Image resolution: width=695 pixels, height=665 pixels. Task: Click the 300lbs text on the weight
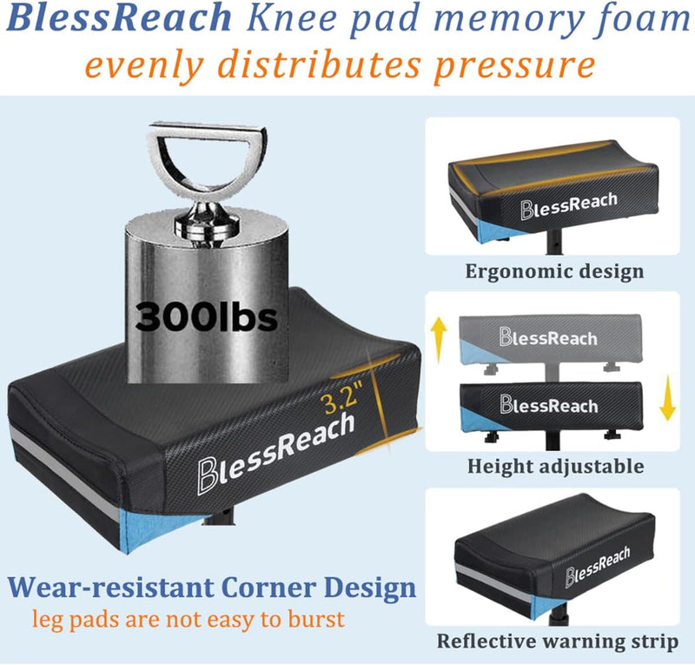(206, 317)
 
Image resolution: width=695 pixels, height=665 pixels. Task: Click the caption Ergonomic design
(554, 270)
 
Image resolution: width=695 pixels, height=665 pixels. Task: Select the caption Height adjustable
(555, 466)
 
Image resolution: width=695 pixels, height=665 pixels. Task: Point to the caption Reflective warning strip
(556, 642)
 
